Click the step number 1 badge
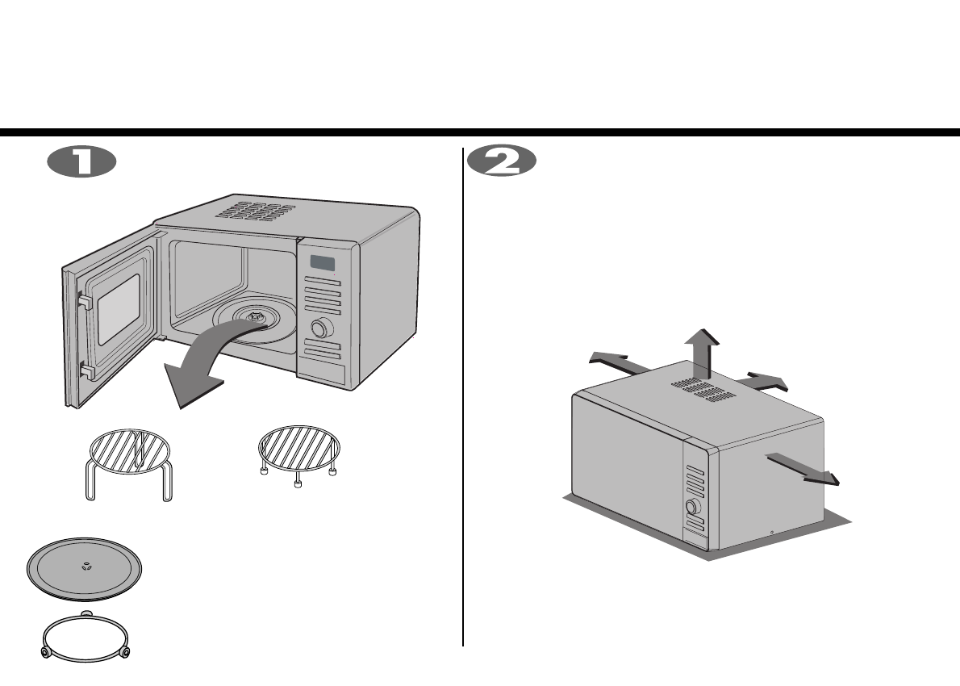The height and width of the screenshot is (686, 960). [81, 161]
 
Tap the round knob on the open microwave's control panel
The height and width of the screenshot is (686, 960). [322, 328]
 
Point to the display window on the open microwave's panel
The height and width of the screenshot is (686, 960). [323, 264]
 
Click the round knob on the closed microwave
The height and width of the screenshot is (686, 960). [691, 508]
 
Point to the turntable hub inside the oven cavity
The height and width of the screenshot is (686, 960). [256, 320]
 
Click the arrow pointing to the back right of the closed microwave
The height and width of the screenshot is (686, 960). [766, 381]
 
